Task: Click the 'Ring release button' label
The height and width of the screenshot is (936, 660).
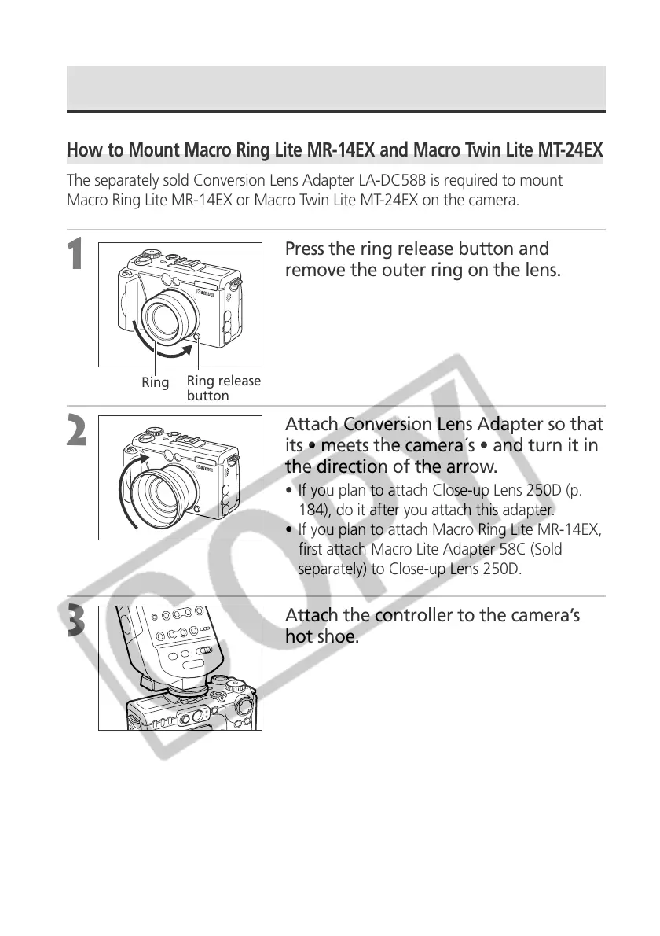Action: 223,389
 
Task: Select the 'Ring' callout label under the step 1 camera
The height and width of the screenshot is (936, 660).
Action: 155,383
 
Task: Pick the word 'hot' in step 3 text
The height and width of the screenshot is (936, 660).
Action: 299,636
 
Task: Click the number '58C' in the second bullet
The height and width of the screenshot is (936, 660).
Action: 491,548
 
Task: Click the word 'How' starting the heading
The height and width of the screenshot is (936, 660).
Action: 83,149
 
